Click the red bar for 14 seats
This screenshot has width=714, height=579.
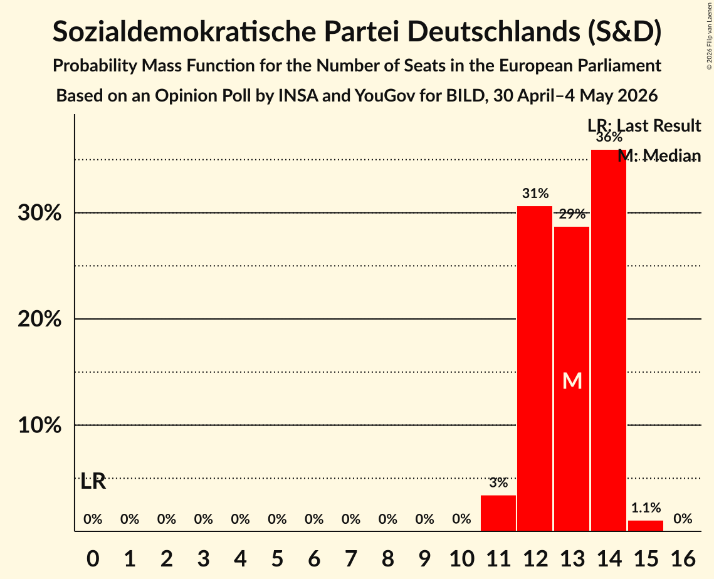609,340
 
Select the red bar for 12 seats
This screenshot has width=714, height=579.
535,368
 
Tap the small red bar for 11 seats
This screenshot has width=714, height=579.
498,513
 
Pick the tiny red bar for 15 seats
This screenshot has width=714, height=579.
646,526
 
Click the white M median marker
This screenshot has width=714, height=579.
572,381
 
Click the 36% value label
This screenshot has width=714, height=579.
609,137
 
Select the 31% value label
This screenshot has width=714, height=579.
535,194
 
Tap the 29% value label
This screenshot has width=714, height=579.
572,214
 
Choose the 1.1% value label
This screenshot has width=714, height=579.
646,508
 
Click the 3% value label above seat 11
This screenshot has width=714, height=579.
498,482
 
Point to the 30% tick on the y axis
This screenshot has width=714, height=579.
39,212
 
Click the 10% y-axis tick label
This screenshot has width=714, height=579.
39,425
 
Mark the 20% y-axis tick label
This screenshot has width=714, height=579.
39,319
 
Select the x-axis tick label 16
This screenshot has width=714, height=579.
683,558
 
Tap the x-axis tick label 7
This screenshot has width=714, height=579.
350,558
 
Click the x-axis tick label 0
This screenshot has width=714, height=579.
93,558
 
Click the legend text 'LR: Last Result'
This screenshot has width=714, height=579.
644,125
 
